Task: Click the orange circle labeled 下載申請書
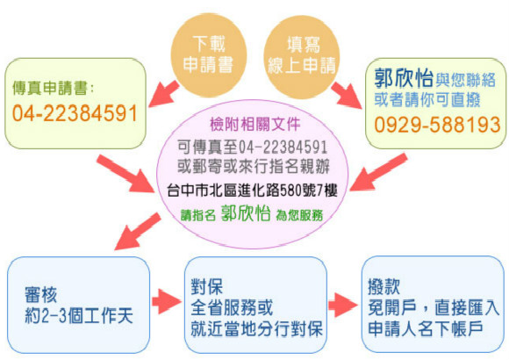coord(208,54)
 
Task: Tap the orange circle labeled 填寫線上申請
coord(302,56)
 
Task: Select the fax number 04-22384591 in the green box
coord(75,113)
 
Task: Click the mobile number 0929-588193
coord(437,125)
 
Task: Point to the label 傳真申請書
coord(50,88)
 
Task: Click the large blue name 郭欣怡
coord(404,78)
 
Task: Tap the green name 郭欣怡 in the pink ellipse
coord(246,213)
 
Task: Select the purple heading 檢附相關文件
coord(255,124)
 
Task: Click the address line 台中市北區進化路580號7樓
coord(252,191)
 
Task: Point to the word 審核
coord(41,295)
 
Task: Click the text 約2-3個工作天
coord(79,316)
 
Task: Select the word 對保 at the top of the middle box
coord(206,287)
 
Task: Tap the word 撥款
coord(384,287)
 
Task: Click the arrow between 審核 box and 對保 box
coord(166,301)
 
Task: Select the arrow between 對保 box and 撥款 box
coord(342,305)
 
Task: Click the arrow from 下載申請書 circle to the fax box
coord(164,94)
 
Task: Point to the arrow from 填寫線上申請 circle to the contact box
coord(347,96)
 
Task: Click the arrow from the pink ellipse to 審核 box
coord(138,231)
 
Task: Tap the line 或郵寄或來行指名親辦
coord(254,167)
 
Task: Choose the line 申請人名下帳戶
coord(426,328)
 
